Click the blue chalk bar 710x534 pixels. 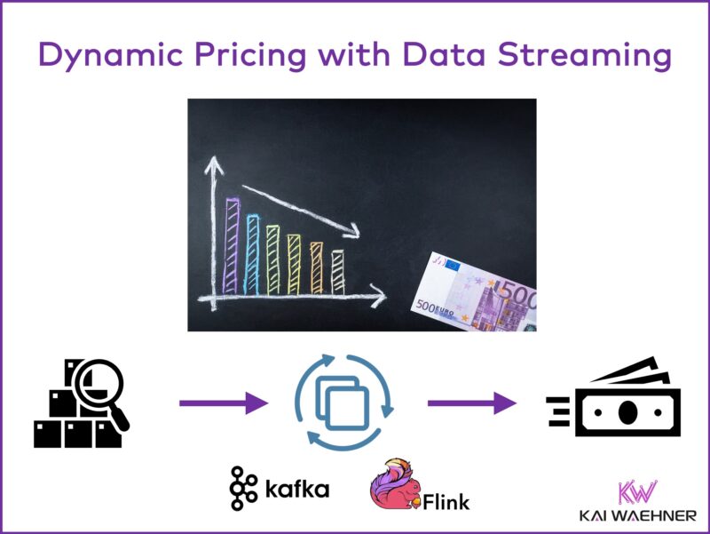252,254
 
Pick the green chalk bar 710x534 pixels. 272,259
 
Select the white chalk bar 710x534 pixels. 337,271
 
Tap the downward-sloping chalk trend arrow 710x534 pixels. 302,210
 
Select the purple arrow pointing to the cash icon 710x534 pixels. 471,403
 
